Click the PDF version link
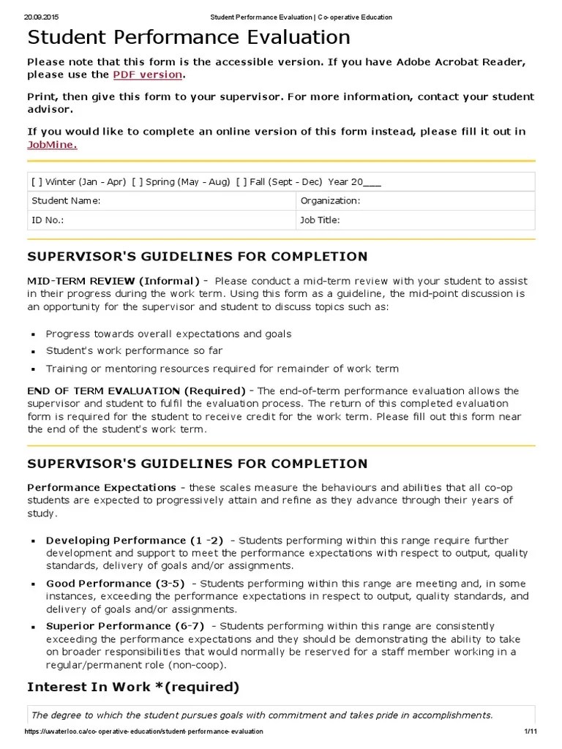147,75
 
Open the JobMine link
51,144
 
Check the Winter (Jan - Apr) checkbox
37,182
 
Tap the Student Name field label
66,200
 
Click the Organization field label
330,200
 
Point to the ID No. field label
48,219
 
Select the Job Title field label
320,219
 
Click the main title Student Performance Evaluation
189,37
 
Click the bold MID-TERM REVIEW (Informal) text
113,281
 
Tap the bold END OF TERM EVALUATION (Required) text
136,391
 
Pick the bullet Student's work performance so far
134,351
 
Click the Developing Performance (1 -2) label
135,540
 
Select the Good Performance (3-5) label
116,584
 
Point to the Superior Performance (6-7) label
125,626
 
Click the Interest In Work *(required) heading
133,687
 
